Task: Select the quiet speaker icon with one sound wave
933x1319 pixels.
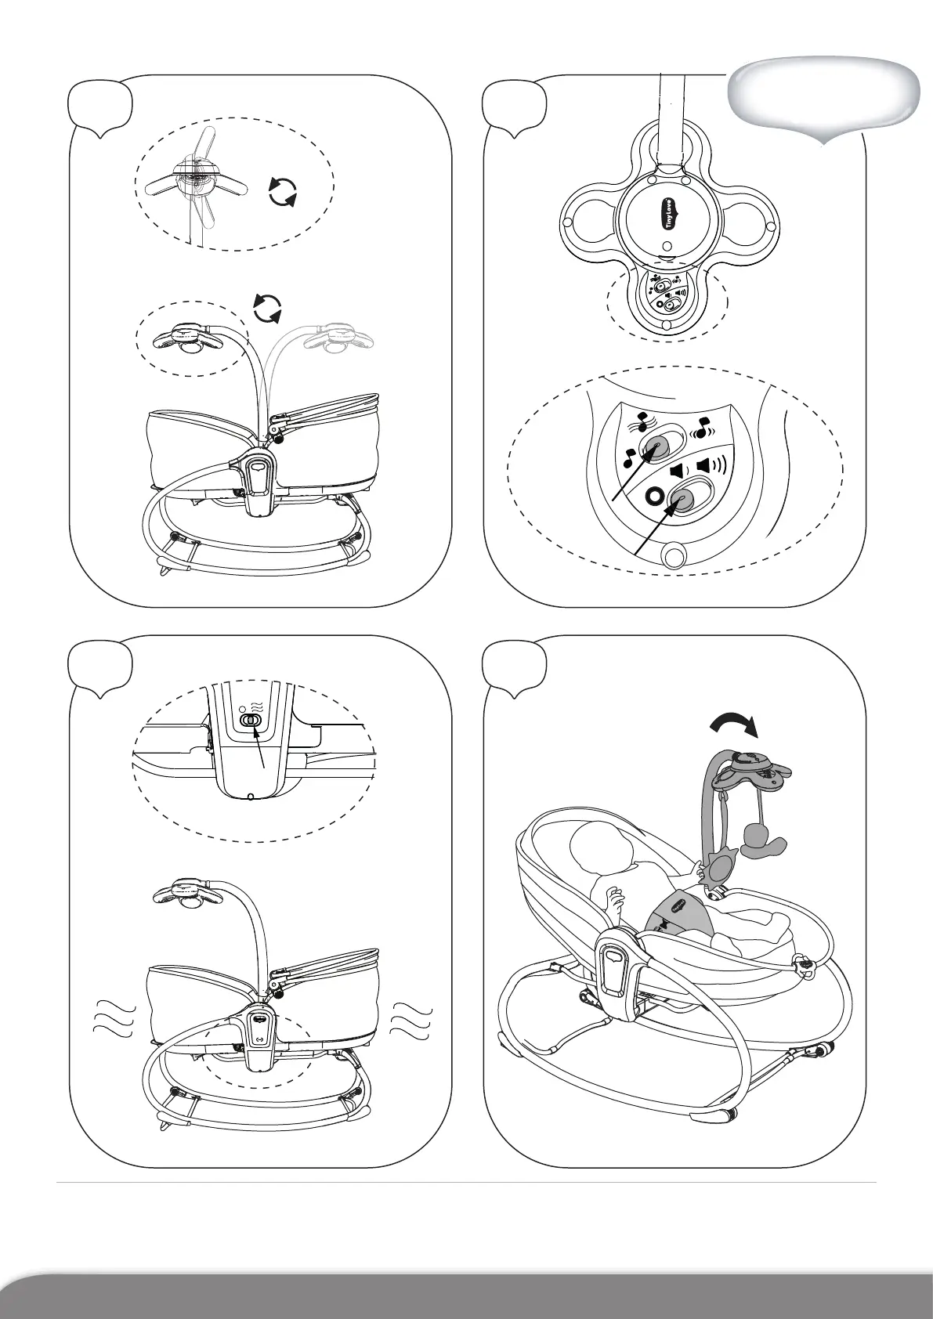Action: click(x=678, y=471)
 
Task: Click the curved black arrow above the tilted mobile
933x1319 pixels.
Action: click(x=734, y=725)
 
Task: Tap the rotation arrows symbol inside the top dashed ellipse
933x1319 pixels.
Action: click(x=283, y=192)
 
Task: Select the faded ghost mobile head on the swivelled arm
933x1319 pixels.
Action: click(x=338, y=338)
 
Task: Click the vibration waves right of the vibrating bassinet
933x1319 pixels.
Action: click(x=413, y=1019)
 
